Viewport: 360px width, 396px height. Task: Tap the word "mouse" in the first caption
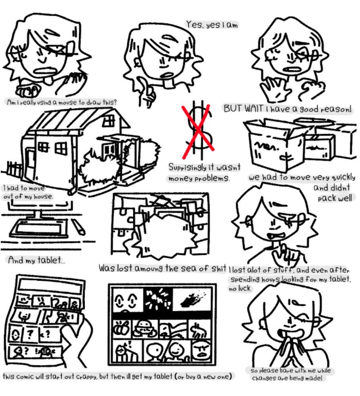click(68, 102)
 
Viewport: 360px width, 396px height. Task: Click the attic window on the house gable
click(109, 121)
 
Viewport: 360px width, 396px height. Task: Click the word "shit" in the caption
click(219, 268)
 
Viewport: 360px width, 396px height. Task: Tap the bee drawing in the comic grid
click(121, 329)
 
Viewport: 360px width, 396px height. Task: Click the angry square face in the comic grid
click(201, 350)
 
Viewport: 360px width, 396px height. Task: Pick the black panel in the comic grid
click(158, 300)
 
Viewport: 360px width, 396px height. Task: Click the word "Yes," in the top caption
click(195, 25)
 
